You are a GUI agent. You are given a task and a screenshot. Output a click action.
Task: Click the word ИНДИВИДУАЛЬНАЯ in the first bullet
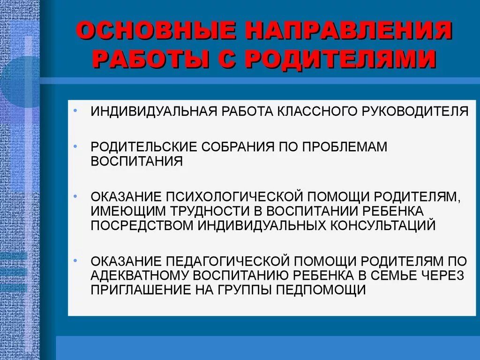click(x=153, y=112)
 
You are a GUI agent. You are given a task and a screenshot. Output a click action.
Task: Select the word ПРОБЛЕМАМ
click(x=345, y=147)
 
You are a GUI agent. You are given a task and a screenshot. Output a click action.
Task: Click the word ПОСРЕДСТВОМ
click(x=142, y=225)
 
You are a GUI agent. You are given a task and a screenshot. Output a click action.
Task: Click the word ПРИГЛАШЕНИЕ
click(x=140, y=290)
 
